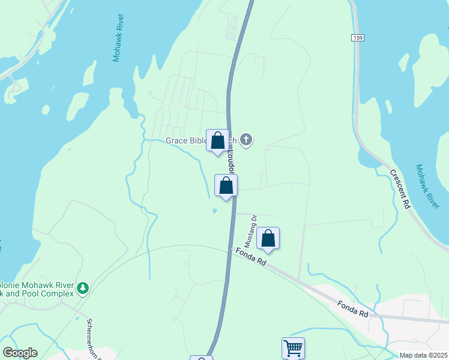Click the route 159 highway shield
pos(358,38)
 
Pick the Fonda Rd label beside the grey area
pos(352,310)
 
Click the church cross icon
pos(246,141)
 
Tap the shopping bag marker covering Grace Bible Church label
pos(217,141)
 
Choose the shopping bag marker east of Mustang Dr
pos(268,239)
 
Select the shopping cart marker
pos(293,347)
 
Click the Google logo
pos(20,353)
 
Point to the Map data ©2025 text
pos(423,355)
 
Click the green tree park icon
pos(83,289)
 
